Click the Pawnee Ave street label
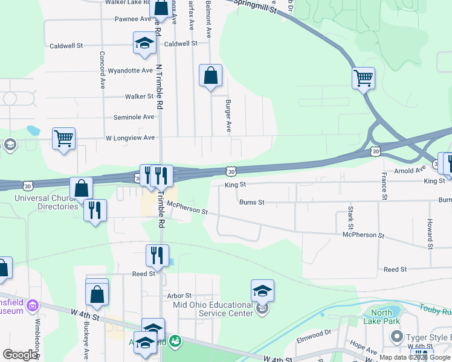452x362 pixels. [133, 19]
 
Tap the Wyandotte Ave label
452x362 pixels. [130, 71]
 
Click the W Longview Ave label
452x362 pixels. [130, 138]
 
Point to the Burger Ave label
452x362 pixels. [229, 116]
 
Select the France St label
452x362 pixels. [384, 185]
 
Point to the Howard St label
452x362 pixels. [430, 234]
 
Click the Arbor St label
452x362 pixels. [179, 296]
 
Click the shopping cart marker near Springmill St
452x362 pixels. [363, 77]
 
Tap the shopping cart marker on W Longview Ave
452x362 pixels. [63, 138]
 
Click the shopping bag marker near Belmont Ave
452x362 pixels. [210, 75]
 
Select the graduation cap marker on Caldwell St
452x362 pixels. [144, 43]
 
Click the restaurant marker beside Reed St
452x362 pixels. [157, 255]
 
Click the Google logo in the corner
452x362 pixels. [20, 355]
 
